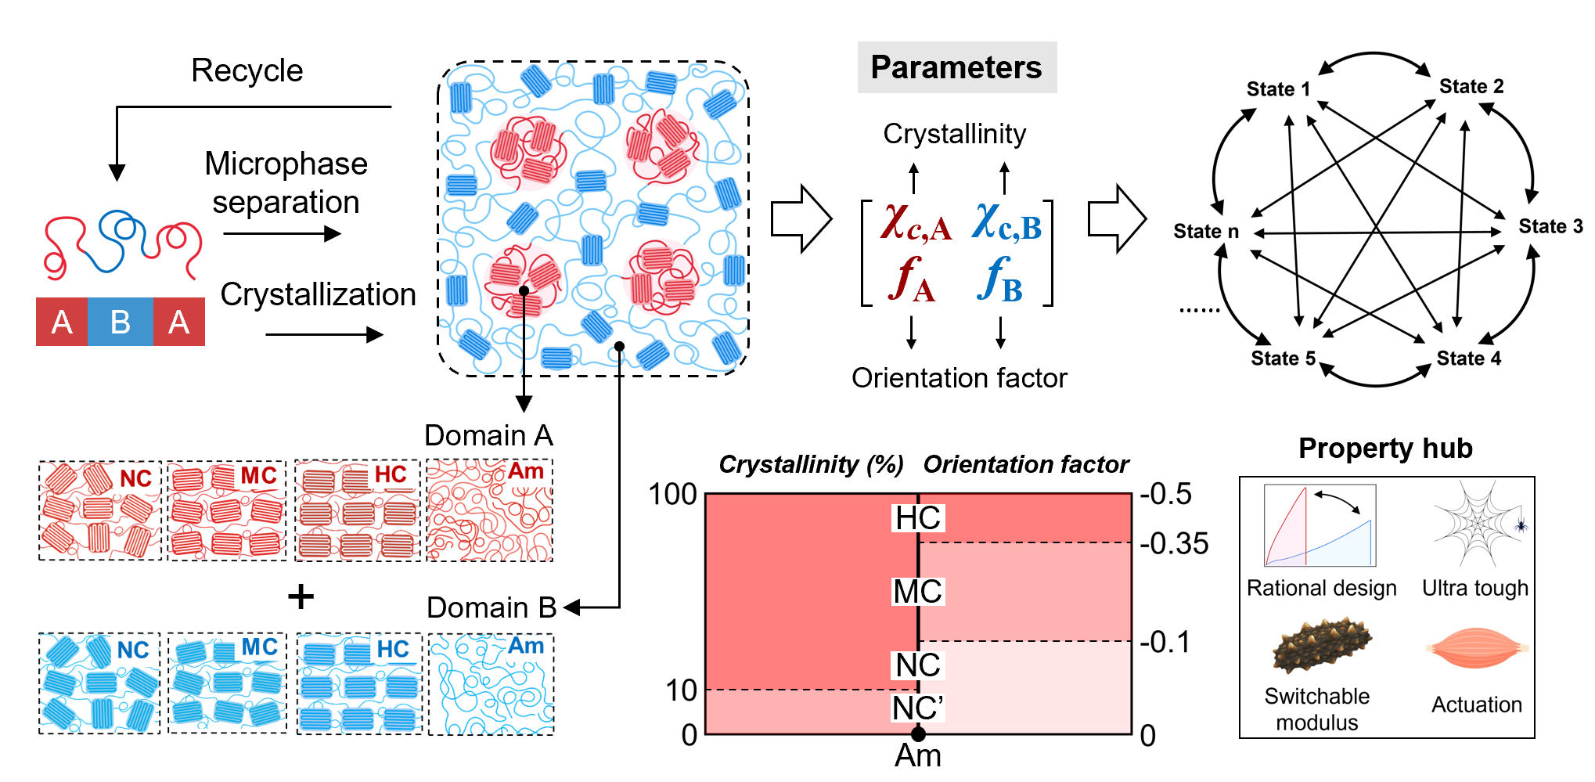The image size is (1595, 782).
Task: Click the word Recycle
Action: [247, 71]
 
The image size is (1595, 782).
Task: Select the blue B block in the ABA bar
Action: [120, 322]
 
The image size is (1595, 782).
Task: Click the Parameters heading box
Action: [956, 67]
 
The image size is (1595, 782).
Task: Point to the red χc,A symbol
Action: [916, 222]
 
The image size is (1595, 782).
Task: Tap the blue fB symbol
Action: [1000, 280]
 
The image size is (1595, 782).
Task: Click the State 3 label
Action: [1550, 226]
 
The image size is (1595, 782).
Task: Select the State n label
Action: [1205, 231]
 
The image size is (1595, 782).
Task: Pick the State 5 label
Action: [1283, 359]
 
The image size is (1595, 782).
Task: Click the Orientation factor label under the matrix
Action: [959, 378]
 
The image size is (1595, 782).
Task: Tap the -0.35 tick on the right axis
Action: [1174, 543]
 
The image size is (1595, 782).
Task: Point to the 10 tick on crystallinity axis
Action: [681, 690]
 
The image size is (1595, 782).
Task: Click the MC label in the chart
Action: [918, 592]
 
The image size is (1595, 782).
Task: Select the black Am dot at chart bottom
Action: [918, 734]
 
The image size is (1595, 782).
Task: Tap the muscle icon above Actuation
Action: [1477, 647]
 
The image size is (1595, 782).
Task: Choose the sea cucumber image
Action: [1321, 646]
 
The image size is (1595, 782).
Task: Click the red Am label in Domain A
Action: [525, 471]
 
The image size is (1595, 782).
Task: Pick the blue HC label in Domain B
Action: [393, 649]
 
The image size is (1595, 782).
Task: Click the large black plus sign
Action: [301, 597]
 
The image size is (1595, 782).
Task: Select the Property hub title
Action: [1385, 449]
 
